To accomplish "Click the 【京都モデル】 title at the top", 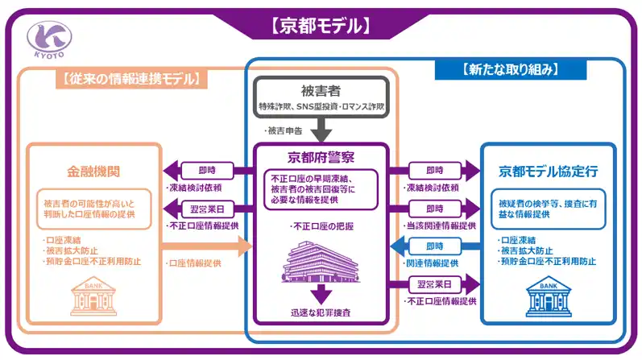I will coord(321,26).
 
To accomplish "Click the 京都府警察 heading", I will coord(321,157).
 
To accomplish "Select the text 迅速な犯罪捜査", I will coord(321,312).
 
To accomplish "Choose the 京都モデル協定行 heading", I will coord(548,171).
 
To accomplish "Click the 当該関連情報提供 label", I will coord(441,226).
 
